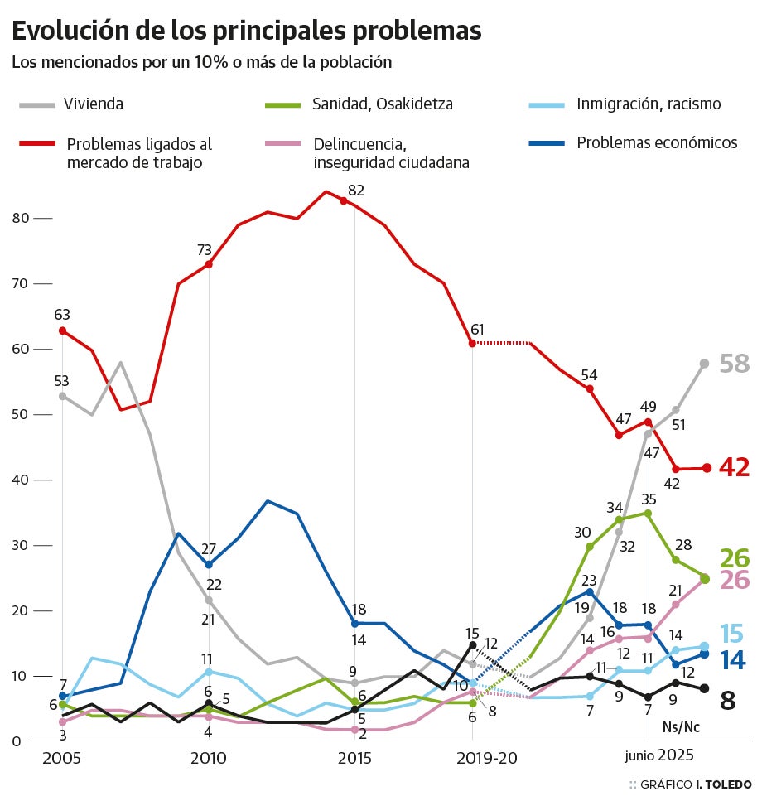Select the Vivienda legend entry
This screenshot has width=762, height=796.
pyautogui.click(x=94, y=104)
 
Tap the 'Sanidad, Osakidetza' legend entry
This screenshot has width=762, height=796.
pyautogui.click(x=382, y=104)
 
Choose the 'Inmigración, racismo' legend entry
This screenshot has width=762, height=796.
pyautogui.click(x=648, y=104)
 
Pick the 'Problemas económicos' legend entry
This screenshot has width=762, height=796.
pyautogui.click(x=656, y=142)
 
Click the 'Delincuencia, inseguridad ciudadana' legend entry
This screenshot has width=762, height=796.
pyautogui.click(x=391, y=152)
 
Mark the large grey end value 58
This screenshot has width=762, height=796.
pyautogui.click(x=734, y=363)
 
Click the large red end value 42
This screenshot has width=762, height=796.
pyautogui.click(x=734, y=467)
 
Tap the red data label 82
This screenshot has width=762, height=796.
pyautogui.click(x=356, y=191)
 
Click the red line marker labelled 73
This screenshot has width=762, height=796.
pyautogui.click(x=209, y=264)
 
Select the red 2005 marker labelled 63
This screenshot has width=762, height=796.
pyautogui.click(x=62, y=330)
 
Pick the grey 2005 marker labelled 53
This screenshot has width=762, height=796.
pyautogui.click(x=62, y=396)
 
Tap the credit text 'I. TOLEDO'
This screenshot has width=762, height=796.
pyautogui.click(x=723, y=784)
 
